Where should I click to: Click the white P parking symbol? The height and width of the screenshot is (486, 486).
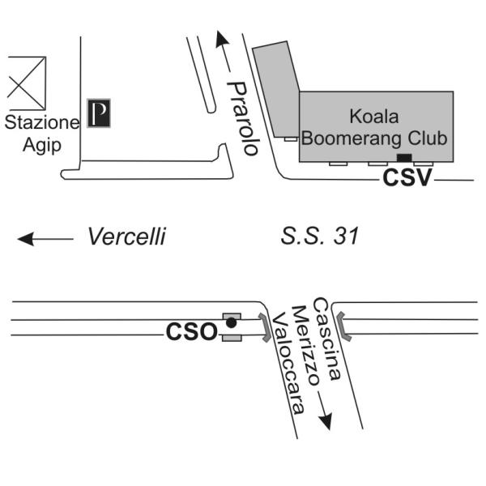tap(99, 113)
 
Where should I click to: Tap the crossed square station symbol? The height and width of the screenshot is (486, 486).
tap(27, 83)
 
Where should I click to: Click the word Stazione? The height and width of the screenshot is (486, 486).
tap(42, 122)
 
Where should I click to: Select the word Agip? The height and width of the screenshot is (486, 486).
tap(42, 145)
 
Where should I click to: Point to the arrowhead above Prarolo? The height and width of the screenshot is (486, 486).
tap(222, 39)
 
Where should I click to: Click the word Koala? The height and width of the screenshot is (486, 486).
tap(374, 117)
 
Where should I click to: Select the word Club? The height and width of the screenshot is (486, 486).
tap(428, 138)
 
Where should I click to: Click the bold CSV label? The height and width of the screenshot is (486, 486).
tap(407, 178)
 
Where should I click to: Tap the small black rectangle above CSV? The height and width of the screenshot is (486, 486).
tap(404, 157)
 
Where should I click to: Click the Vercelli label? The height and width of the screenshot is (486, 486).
tap(127, 237)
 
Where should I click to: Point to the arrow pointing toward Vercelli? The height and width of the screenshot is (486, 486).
tap(45, 239)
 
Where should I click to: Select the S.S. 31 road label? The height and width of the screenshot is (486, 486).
tap(320, 236)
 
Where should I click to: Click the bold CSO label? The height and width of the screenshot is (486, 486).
tap(192, 332)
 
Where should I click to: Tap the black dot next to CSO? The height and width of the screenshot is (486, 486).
tap(231, 323)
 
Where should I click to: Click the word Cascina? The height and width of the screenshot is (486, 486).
tap(326, 339)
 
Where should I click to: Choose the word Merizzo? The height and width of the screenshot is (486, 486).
tap(305, 345)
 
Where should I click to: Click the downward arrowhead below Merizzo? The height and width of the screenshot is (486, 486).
tap(326, 421)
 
